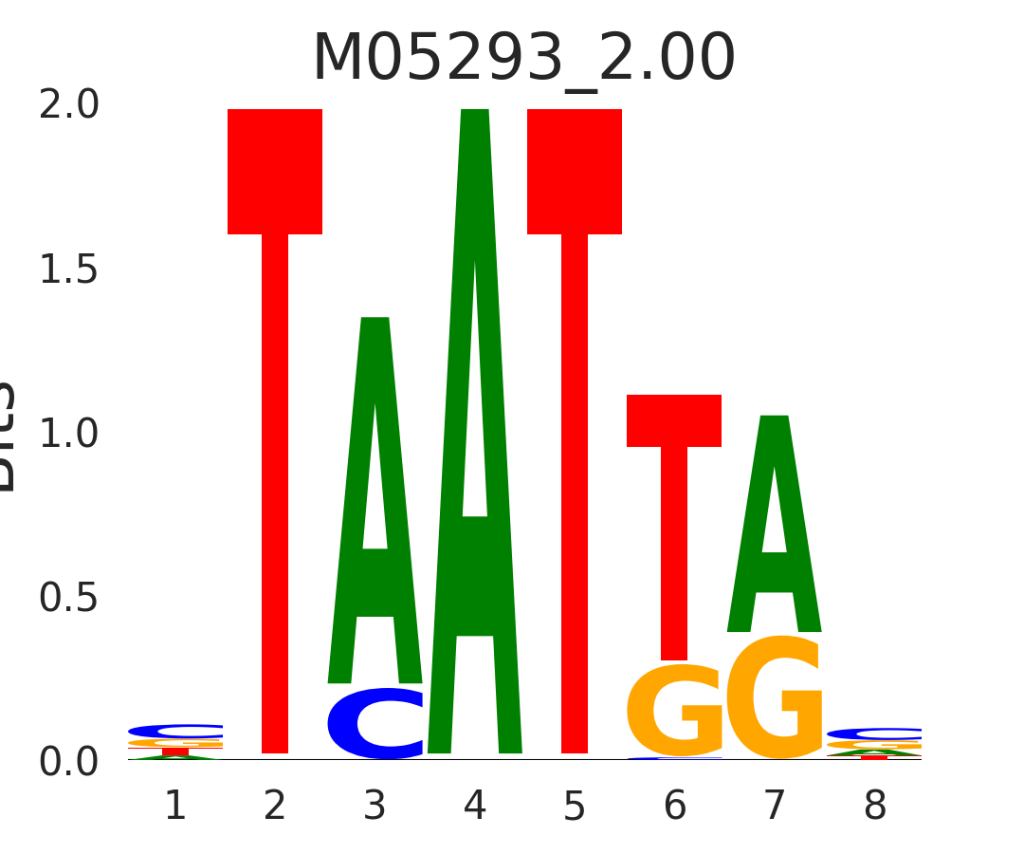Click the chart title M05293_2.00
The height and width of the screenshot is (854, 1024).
tap(523, 59)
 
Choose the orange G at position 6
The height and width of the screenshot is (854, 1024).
tap(674, 711)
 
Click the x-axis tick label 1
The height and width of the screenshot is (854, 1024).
tap(175, 807)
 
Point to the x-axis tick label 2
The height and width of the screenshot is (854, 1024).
tap(275, 807)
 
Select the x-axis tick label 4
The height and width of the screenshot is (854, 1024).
tap(475, 807)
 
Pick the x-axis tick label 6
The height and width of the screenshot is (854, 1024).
tap(674, 807)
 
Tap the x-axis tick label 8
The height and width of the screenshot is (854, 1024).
tap(874, 807)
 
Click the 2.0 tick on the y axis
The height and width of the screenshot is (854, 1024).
tap(69, 105)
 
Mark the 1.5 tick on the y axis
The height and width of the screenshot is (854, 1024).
tap(69, 270)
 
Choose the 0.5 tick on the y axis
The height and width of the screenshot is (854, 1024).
tap(69, 598)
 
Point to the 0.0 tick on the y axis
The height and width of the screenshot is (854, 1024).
tap(69, 762)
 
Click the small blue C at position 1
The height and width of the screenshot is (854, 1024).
tap(175, 731)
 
